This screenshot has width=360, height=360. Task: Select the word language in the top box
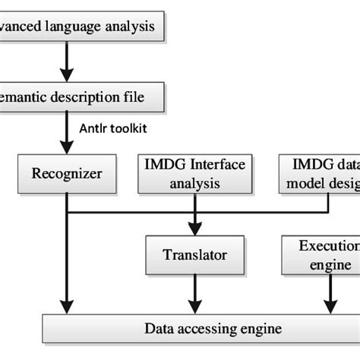tap(79, 28)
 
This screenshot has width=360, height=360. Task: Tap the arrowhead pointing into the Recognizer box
tap(67, 148)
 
